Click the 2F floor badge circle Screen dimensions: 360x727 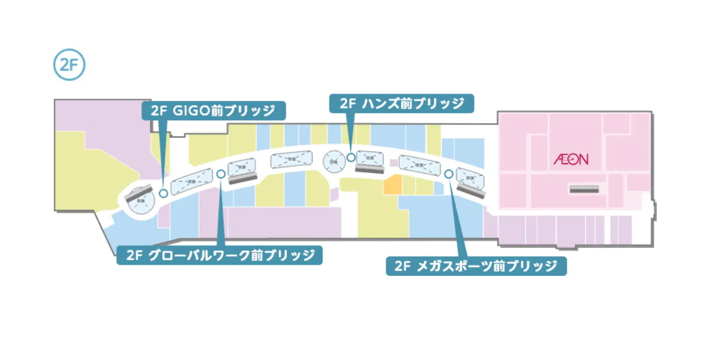(69, 65)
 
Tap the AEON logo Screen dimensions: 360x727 (571, 158)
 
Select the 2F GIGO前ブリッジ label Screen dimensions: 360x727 (214, 110)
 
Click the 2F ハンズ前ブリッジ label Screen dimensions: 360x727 (401, 103)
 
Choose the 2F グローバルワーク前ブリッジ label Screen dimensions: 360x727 (219, 255)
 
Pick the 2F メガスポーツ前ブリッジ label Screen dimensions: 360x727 (476, 266)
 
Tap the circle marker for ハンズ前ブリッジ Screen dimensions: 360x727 (351, 157)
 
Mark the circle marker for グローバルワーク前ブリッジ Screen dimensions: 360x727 (220, 174)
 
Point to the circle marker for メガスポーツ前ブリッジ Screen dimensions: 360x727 (448, 174)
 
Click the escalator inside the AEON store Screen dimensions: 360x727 (585, 189)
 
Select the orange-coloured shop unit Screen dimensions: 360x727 (392, 186)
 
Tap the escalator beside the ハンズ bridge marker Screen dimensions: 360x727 (369, 169)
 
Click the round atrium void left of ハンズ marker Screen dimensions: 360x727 (334, 161)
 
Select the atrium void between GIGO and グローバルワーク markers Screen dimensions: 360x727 (191, 182)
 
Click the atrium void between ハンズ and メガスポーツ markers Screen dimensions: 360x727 (419, 166)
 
